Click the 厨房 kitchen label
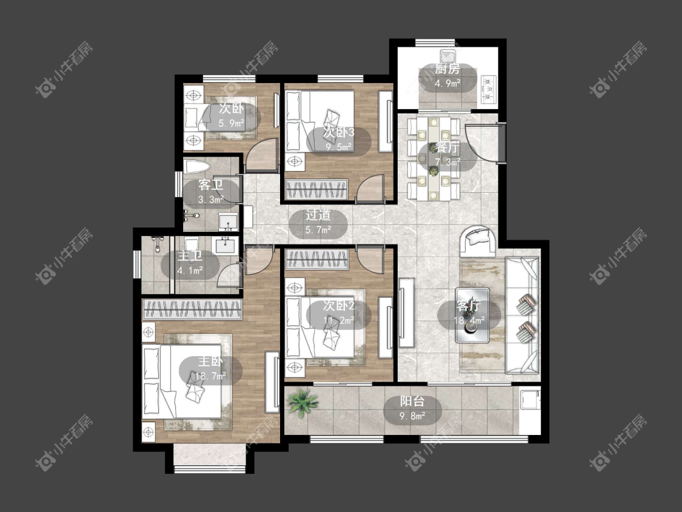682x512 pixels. pyautogui.click(x=447, y=69)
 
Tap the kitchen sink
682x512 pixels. pyautogui.click(x=447, y=56)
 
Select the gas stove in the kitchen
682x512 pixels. pyautogui.click(x=489, y=90)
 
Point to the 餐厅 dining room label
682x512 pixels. pyautogui.click(x=447, y=147)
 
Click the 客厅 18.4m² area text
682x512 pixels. pyautogui.click(x=469, y=321)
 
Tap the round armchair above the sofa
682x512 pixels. pyautogui.click(x=478, y=241)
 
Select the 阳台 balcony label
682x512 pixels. pyautogui.click(x=412, y=402)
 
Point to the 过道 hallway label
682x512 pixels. pyautogui.click(x=318, y=215)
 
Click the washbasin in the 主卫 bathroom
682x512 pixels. pyautogui.click(x=225, y=245)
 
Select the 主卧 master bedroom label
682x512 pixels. pyautogui.click(x=211, y=361)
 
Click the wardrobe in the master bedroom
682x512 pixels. pyautogui.click(x=192, y=309)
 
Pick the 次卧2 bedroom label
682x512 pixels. pyautogui.click(x=339, y=306)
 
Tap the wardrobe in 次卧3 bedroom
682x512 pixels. pyautogui.click(x=316, y=189)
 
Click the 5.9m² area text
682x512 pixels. pyautogui.click(x=232, y=124)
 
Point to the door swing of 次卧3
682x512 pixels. pyautogui.click(x=370, y=188)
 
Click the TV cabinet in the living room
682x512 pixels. pyautogui.click(x=407, y=312)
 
